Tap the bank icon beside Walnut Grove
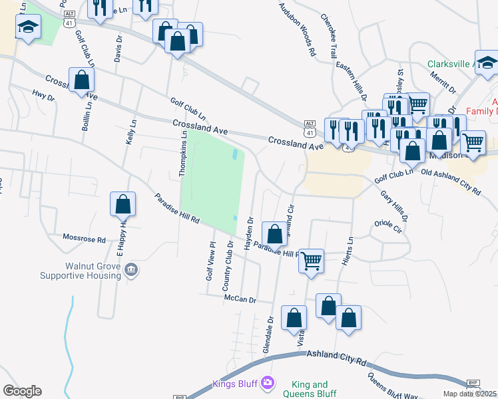pos(132,269)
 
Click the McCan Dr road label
pos(240,300)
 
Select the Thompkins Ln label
pos(182,153)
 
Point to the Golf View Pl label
pos(210,261)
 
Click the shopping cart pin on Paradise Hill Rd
pos(311,261)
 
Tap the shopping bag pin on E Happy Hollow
pos(123,205)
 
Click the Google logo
pos(22,390)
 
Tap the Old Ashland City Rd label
pos(451,182)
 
